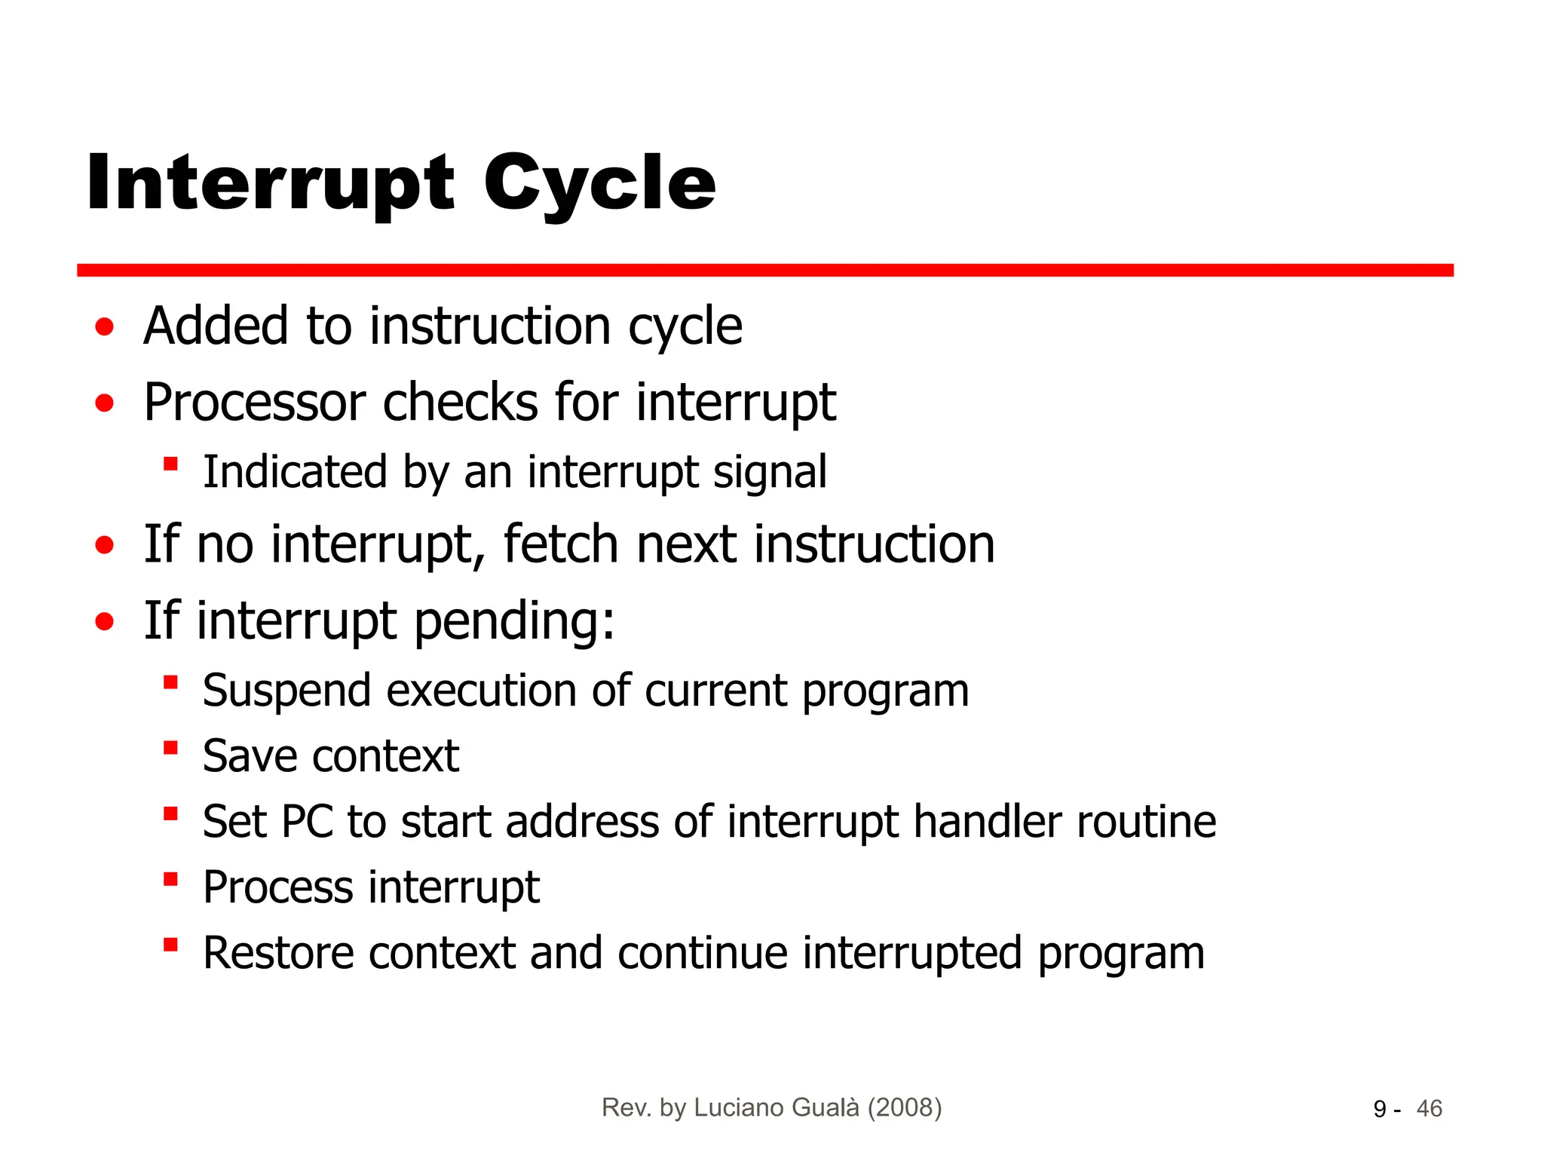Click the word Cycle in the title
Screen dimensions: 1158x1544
pos(599,183)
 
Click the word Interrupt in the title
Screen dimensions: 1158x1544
pos(270,183)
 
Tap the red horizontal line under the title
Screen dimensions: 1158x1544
pos(764,270)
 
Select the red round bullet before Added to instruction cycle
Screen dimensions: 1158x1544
pos(105,327)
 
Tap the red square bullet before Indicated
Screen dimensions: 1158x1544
pos(170,464)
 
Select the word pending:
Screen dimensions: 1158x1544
pos(515,622)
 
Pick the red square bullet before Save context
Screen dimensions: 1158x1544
pos(170,748)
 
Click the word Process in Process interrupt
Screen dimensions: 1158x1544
pos(277,887)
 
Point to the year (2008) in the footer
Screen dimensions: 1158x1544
pos(905,1107)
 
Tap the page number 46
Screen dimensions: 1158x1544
pos(1429,1109)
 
